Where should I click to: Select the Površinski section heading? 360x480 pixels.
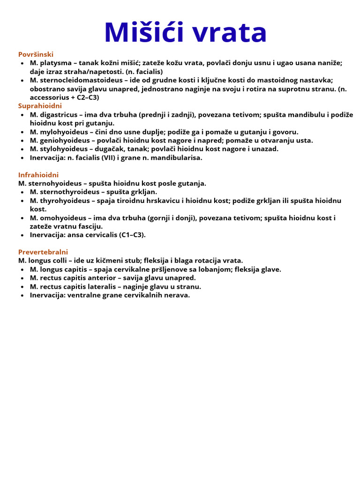[x=36, y=54]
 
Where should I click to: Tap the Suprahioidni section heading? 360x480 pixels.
[x=40, y=106]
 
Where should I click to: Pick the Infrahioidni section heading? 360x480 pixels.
[x=38, y=175]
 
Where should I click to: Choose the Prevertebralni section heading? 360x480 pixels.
[x=43, y=252]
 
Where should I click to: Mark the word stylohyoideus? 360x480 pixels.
[x=62, y=149]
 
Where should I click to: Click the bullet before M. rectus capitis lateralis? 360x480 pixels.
[x=22, y=287]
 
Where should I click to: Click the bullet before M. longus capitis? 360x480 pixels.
[x=22, y=270]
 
